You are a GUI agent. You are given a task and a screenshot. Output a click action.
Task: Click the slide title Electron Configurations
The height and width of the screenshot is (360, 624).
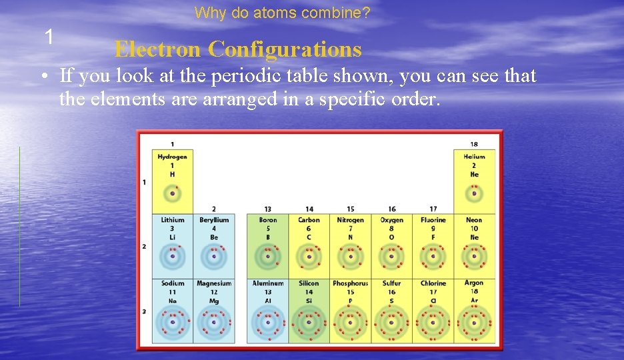click(x=238, y=49)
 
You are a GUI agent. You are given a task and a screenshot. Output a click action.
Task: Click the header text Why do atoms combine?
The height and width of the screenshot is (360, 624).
click(x=283, y=13)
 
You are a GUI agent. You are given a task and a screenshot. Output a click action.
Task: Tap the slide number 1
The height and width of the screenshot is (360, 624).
click(x=49, y=37)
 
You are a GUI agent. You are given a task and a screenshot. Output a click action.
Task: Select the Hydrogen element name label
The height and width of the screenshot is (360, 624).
click(x=172, y=157)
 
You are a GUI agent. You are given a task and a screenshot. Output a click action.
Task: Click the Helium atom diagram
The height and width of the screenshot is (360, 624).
click(x=474, y=194)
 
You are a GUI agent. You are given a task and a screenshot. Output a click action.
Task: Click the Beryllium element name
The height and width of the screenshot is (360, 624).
click(x=214, y=220)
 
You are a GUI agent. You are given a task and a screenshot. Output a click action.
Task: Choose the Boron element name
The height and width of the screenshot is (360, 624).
click(x=268, y=220)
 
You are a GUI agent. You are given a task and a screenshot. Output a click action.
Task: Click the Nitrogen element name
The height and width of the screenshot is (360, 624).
click(x=350, y=220)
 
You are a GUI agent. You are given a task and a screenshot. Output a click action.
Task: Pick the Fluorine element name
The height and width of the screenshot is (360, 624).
click(x=433, y=220)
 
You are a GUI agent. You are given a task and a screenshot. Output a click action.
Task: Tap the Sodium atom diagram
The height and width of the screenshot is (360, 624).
click(x=173, y=323)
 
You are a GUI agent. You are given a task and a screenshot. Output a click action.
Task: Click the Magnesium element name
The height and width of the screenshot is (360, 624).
click(x=214, y=283)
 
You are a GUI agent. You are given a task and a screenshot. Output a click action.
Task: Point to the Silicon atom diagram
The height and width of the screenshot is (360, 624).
click(x=309, y=323)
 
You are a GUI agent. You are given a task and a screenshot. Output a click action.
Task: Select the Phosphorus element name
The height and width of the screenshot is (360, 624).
click(x=350, y=283)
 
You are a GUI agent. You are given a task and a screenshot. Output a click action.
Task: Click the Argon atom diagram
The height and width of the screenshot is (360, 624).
click(x=474, y=323)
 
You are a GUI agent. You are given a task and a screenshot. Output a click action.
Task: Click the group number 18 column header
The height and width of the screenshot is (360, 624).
click(x=474, y=144)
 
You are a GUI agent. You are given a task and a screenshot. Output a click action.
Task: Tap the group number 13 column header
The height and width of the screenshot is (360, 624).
click(x=267, y=209)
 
